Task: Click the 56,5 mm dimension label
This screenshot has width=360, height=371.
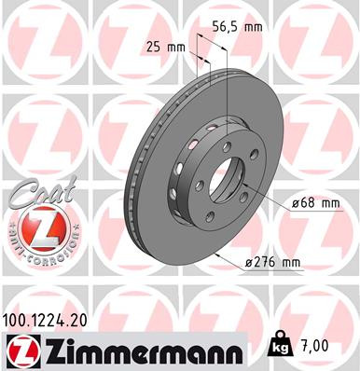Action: click(x=240, y=27)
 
